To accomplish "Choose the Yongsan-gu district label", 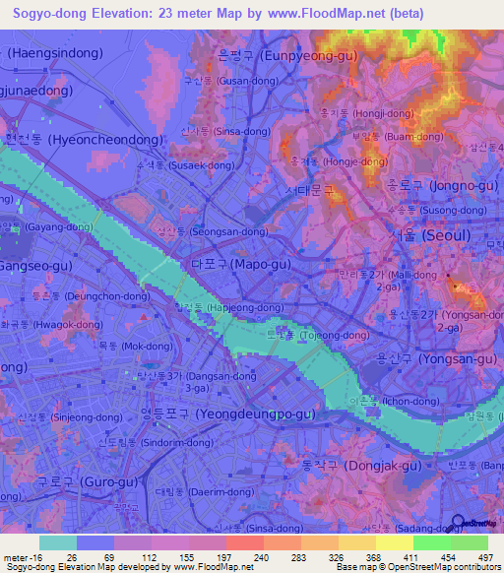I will click(x=431, y=359).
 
